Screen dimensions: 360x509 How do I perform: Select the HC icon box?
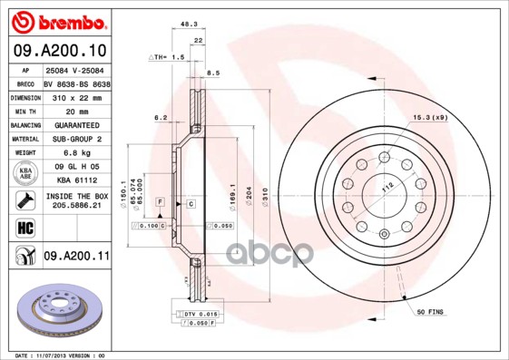(23, 228)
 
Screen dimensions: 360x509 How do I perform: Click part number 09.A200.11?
(76, 258)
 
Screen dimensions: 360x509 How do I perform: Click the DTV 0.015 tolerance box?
(203, 313)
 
